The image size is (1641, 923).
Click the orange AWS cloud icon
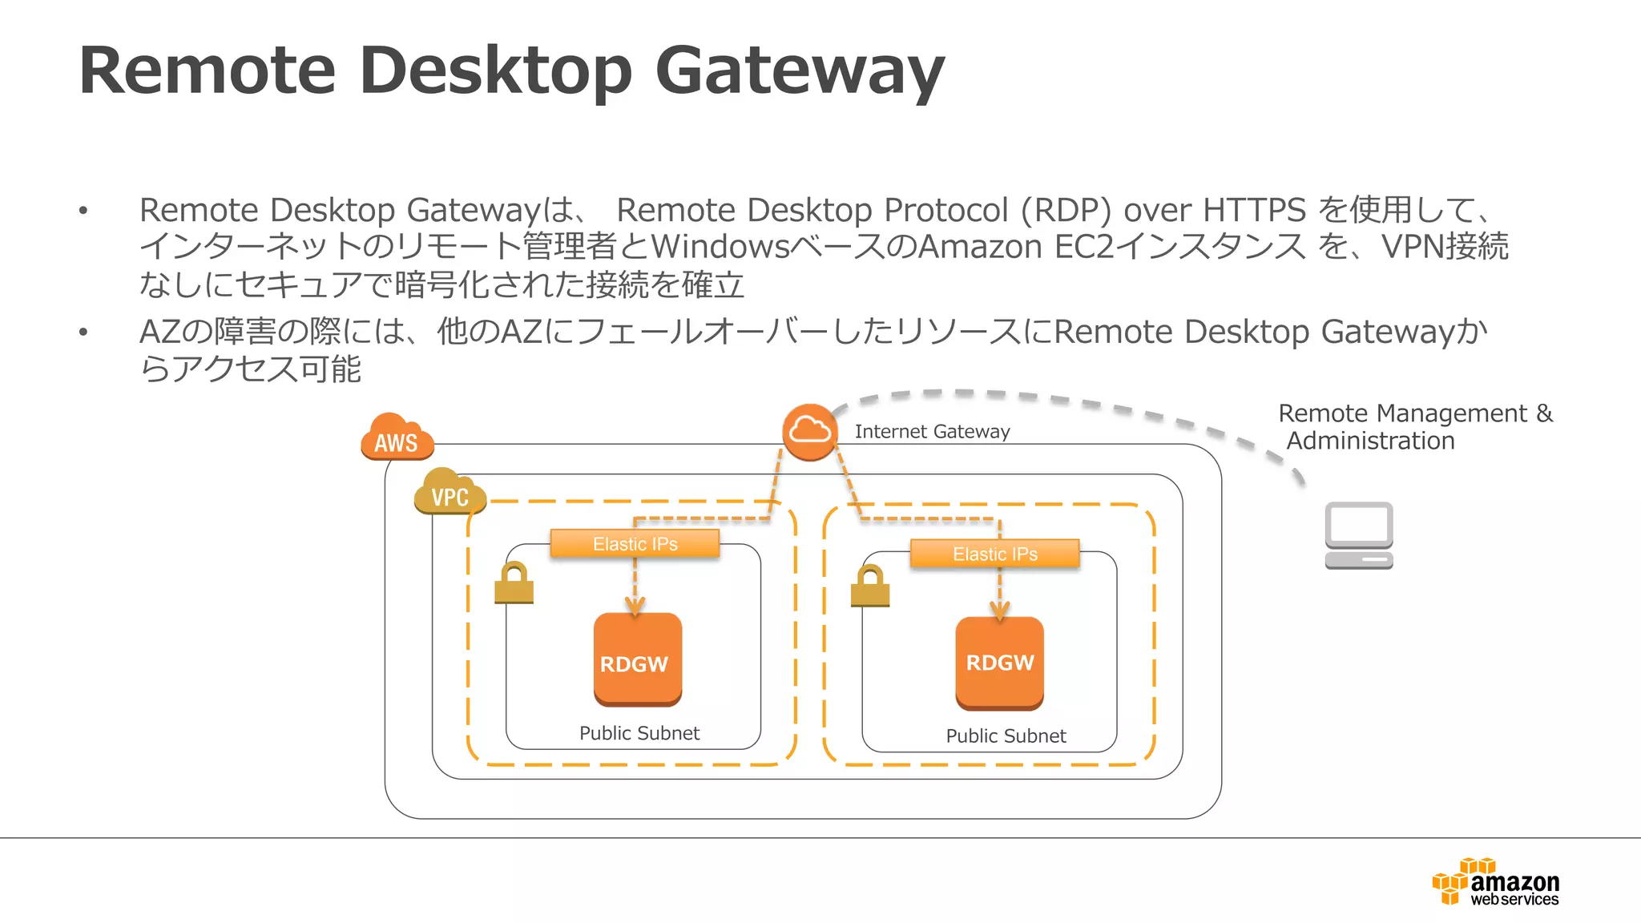pos(397,437)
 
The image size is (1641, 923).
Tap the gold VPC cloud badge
pos(450,492)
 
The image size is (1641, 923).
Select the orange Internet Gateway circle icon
pos(809,433)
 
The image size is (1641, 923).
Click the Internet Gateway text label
pos(932,432)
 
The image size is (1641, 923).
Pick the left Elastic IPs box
pos(635,544)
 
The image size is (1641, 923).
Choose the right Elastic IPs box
pos(994,554)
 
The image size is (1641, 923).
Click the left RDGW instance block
pos(637,660)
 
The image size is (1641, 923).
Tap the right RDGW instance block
pos(999,663)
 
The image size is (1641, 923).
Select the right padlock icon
pos(870,586)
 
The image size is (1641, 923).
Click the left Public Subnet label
pos(639,733)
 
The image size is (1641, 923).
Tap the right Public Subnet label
pos(1006,736)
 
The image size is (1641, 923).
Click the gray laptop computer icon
pos(1358,534)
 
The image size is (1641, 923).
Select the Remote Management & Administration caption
pos(1414,427)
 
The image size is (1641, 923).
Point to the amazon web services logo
pos(1496,882)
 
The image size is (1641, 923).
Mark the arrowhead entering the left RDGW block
pos(635,607)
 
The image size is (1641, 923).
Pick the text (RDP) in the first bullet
pos(1066,210)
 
